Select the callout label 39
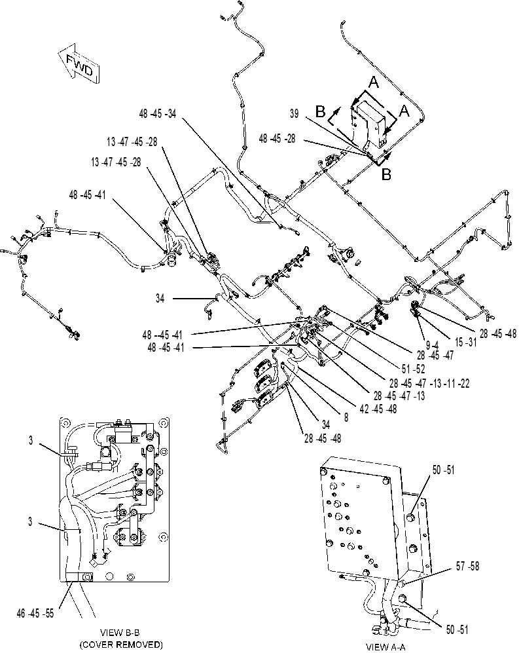click(294, 114)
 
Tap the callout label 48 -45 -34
click(158, 114)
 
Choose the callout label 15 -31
click(466, 343)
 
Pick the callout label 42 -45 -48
click(378, 409)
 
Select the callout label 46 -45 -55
click(35, 614)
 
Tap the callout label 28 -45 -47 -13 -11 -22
click(429, 382)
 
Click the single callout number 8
click(346, 417)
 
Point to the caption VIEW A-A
click(385, 646)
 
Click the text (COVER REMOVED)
click(120, 644)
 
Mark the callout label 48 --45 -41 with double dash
click(162, 335)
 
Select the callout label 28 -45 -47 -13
click(399, 396)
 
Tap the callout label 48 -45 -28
click(277, 138)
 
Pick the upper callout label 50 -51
click(444, 470)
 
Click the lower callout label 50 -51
click(457, 629)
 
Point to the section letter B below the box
click(386, 174)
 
